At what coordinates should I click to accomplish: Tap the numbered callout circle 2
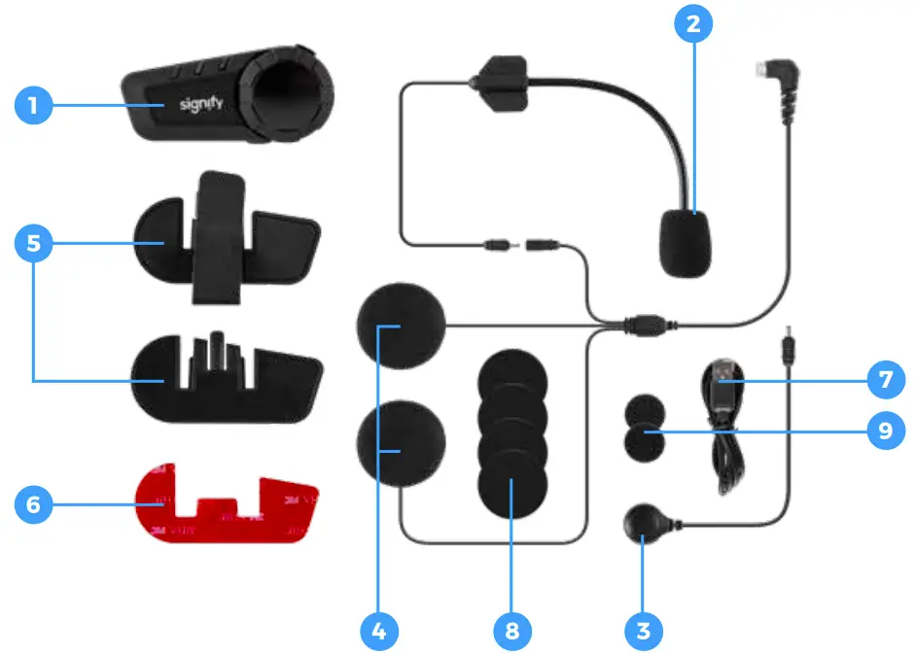click(x=692, y=25)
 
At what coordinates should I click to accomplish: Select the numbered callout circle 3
click(x=642, y=631)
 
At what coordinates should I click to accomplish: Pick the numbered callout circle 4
click(x=380, y=631)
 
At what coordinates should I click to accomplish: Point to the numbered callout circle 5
click(x=34, y=243)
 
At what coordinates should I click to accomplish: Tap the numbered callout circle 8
click(x=511, y=631)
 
